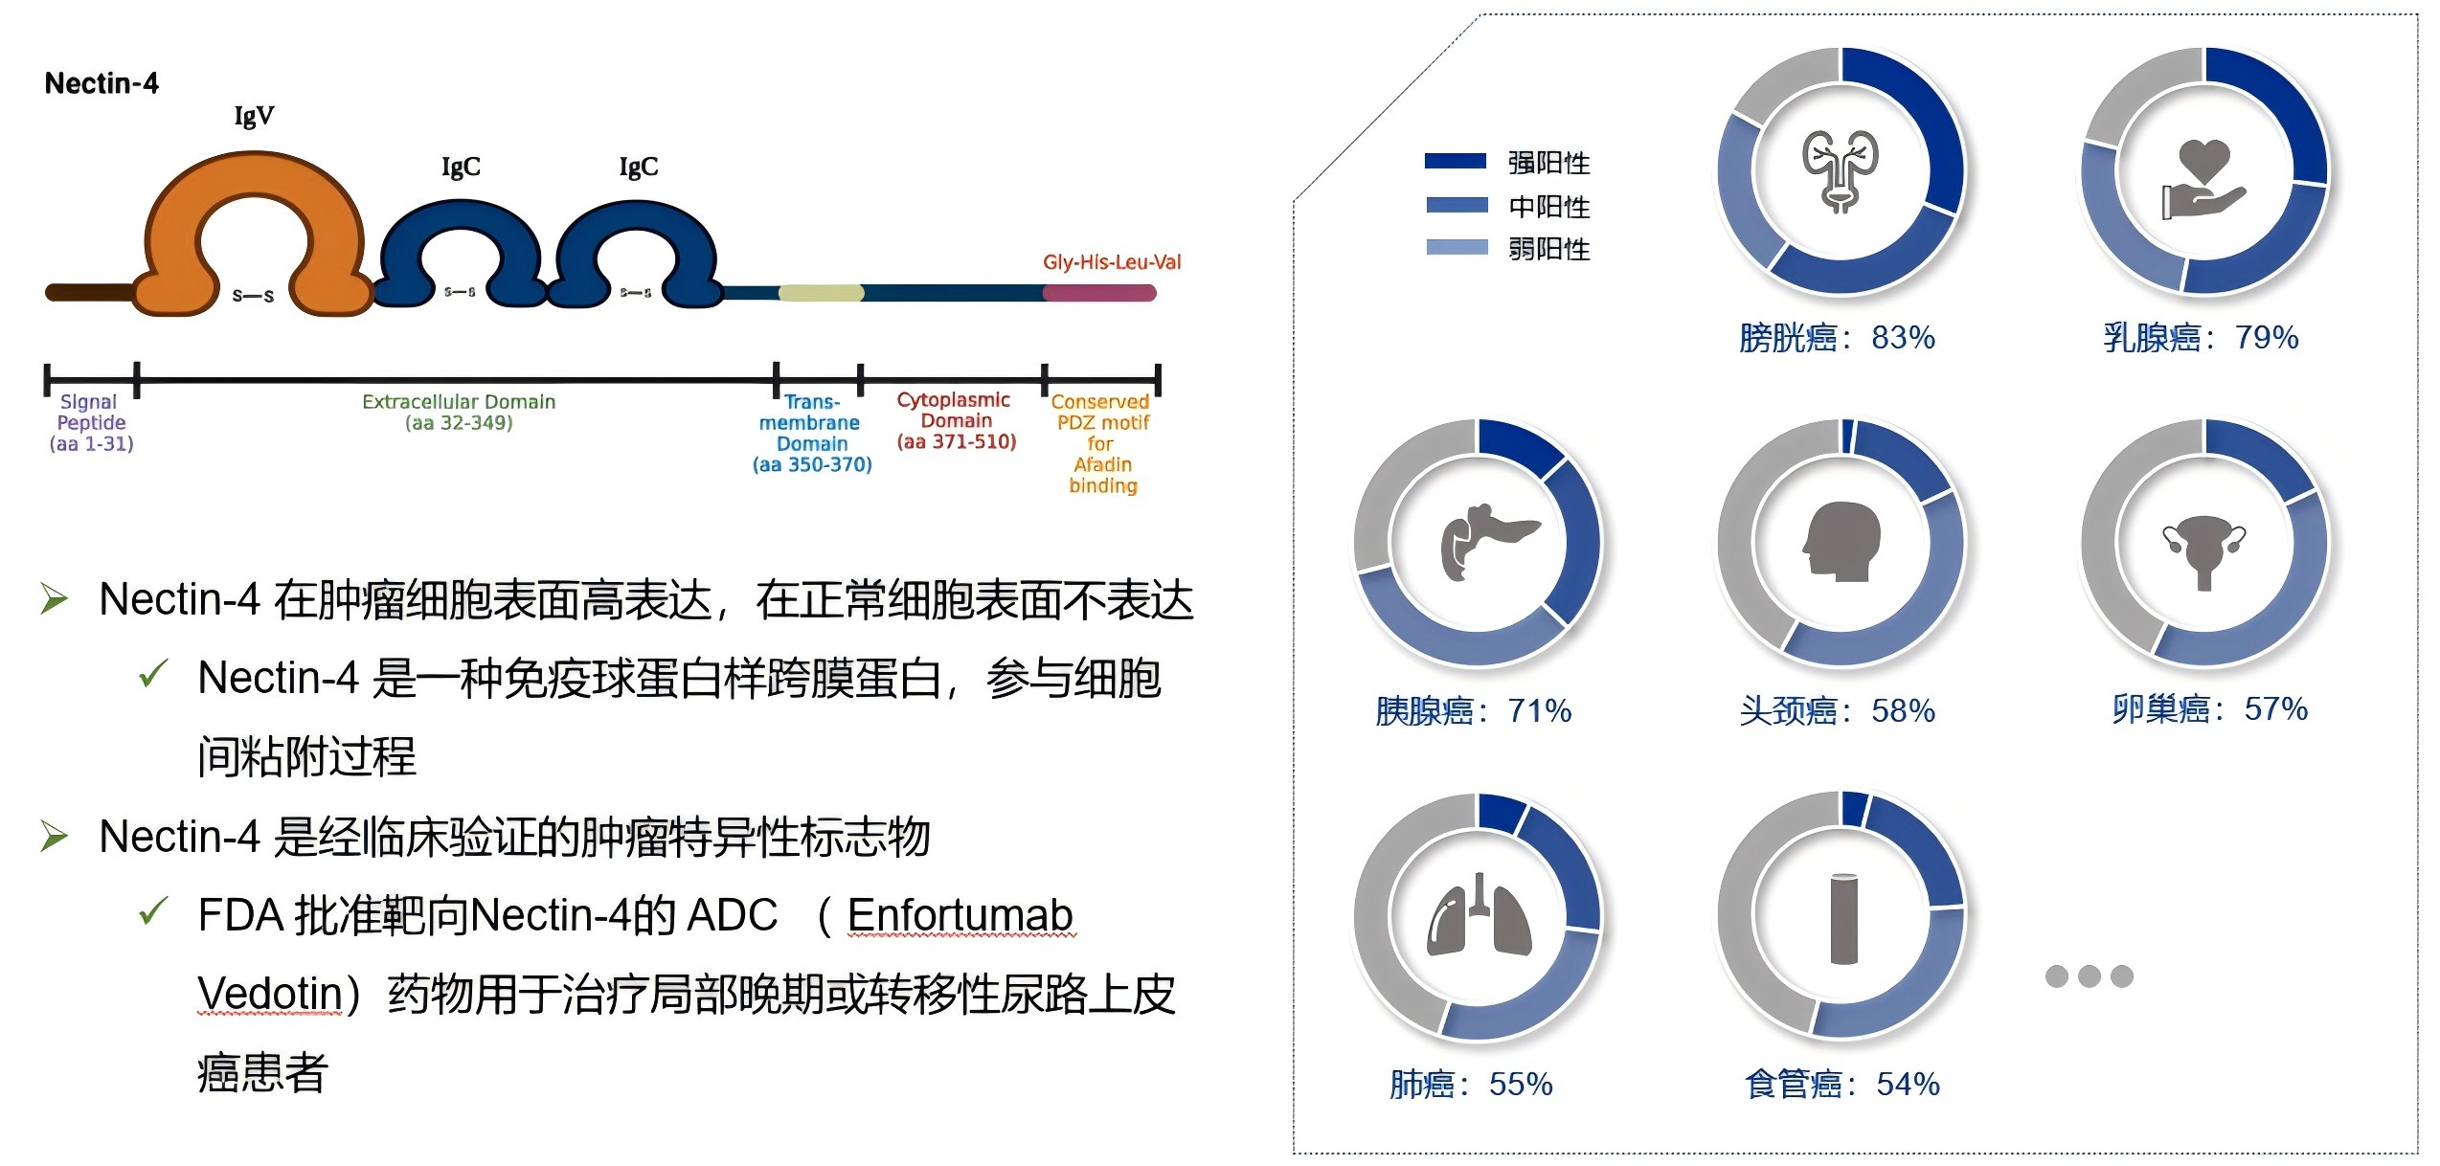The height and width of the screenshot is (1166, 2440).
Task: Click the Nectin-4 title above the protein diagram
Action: click(102, 83)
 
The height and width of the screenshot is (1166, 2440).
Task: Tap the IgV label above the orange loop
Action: click(254, 117)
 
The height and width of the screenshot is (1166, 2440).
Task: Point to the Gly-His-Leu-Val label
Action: click(1112, 262)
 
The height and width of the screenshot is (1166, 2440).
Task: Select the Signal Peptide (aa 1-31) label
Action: click(91, 422)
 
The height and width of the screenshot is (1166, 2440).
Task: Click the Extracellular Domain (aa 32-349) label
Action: click(459, 412)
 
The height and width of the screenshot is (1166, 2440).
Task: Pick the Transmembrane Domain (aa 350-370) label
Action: click(812, 434)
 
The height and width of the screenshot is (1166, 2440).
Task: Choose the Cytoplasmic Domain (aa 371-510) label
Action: click(956, 420)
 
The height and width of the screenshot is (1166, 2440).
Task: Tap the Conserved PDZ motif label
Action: click(1101, 443)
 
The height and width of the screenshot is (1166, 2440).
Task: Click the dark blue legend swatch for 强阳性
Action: click(1456, 161)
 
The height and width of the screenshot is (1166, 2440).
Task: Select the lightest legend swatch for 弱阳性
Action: click(1457, 247)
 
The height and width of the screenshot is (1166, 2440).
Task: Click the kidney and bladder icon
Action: click(1841, 170)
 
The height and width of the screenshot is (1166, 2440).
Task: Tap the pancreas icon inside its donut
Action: click(1488, 542)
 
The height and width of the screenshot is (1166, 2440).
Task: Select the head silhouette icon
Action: click(1841, 542)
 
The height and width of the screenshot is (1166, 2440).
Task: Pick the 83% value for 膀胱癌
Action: click(1903, 338)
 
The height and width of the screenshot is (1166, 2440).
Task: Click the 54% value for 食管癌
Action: click(1908, 1085)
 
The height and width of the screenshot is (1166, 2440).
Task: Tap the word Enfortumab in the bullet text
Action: click(960, 915)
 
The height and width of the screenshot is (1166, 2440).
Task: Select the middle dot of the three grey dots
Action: click(2090, 976)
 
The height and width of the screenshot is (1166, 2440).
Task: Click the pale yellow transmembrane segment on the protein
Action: click(822, 293)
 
